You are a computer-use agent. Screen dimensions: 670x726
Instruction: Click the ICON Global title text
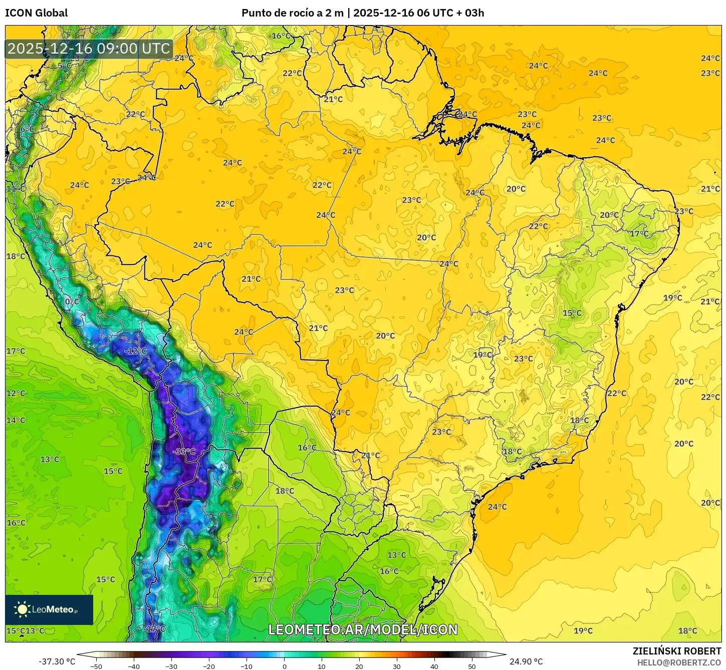36,13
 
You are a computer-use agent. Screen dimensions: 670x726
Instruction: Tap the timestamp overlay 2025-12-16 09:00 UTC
89,49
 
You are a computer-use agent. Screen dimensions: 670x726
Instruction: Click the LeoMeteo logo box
49,609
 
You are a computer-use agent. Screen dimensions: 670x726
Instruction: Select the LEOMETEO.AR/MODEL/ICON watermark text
363,629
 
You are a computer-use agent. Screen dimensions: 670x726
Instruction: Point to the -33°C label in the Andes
183,452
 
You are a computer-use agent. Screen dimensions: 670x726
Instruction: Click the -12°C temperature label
135,351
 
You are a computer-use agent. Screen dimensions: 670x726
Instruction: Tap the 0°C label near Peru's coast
72,301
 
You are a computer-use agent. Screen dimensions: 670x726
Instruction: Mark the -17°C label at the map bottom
154,629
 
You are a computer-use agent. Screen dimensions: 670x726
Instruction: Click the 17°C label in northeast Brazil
639,234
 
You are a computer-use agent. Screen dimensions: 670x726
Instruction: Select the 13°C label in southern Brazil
396,555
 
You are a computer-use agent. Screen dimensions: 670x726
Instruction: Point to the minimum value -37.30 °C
57,661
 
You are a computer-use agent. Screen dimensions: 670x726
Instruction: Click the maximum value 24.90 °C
526,661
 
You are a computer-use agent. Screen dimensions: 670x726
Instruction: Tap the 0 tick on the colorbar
284,666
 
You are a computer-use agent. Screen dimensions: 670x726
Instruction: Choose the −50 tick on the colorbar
96,666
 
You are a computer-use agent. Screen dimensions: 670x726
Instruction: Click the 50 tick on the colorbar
472,666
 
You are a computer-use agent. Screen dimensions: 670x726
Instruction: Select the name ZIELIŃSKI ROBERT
676,651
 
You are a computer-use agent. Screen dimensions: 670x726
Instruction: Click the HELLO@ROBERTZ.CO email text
679,662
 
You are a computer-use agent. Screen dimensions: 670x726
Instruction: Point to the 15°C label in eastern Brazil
572,313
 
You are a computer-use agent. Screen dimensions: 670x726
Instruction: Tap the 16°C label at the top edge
281,36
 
